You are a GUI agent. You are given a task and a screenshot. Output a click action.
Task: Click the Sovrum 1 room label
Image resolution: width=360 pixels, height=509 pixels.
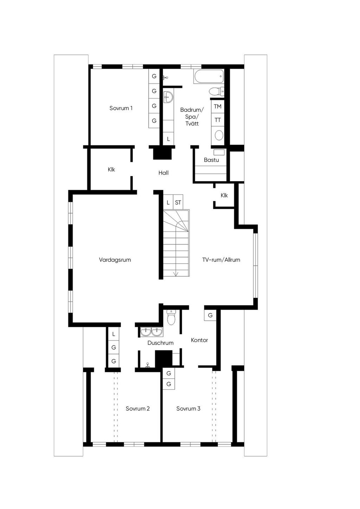(x=121, y=108)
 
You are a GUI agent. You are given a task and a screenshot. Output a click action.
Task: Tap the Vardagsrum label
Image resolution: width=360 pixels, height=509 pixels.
(x=115, y=260)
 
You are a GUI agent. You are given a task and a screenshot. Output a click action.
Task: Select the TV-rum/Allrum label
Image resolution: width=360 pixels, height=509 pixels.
(x=221, y=260)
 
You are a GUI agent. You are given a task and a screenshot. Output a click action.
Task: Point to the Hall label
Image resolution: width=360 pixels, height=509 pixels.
(x=163, y=173)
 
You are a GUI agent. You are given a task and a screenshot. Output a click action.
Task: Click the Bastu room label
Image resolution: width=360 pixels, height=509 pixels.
(x=211, y=160)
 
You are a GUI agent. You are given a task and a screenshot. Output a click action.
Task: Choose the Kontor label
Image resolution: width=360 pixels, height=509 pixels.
(x=199, y=340)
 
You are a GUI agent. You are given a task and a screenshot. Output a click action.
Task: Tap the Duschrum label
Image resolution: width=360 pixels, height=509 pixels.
(x=160, y=343)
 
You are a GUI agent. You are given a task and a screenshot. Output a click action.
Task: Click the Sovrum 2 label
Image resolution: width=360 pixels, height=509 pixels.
(x=138, y=408)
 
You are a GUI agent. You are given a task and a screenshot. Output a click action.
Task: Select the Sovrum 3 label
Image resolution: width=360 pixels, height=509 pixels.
(x=188, y=408)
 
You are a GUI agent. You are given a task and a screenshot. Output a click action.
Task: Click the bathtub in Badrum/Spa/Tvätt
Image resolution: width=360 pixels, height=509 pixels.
(x=208, y=76)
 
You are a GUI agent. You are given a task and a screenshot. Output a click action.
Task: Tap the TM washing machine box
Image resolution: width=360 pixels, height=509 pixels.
(x=218, y=107)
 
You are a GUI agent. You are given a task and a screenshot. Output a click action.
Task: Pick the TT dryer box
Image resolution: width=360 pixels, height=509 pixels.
(x=218, y=120)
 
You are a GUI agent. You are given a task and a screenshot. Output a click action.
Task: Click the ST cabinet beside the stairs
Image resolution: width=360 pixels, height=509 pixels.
(x=178, y=202)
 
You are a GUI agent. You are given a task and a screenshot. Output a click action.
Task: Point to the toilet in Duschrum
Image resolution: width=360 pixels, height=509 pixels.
(x=171, y=317)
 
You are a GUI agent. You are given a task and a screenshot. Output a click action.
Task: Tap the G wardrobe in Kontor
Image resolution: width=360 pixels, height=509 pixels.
(x=210, y=315)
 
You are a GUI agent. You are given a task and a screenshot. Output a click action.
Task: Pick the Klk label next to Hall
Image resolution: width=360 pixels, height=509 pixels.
(x=111, y=169)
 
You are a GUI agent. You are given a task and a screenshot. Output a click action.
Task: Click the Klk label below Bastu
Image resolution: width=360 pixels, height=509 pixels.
(x=224, y=195)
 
